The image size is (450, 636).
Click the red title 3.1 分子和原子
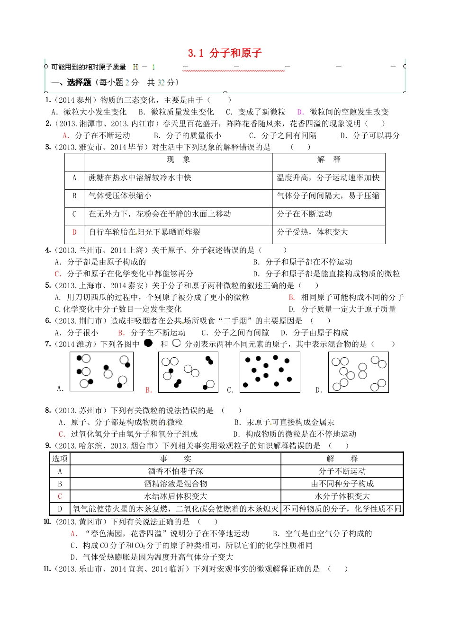click(x=225, y=53)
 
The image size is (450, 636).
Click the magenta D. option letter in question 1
click(x=300, y=112)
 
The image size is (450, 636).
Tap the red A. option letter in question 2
click(x=66, y=136)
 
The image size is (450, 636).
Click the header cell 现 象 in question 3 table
click(x=178, y=160)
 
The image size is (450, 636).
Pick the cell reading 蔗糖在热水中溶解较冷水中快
click(x=140, y=178)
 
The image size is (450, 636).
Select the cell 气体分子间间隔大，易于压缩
click(x=328, y=196)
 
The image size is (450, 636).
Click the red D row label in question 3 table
click(x=74, y=232)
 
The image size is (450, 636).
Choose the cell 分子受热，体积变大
click(x=312, y=232)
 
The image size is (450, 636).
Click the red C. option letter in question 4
click(x=58, y=274)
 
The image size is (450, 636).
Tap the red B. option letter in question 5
click(x=292, y=298)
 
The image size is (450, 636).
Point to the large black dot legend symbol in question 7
click(x=148, y=343)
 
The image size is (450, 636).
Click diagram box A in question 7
click(x=101, y=371)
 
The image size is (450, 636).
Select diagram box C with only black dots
click(x=270, y=372)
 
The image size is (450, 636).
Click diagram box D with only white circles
click(x=358, y=372)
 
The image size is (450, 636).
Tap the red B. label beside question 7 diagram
click(x=149, y=390)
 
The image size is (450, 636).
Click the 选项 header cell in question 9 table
click(x=60, y=459)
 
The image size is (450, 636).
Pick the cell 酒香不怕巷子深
click(x=175, y=471)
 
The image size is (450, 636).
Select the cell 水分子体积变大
click(x=342, y=496)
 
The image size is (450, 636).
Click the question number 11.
click(x=47, y=569)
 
